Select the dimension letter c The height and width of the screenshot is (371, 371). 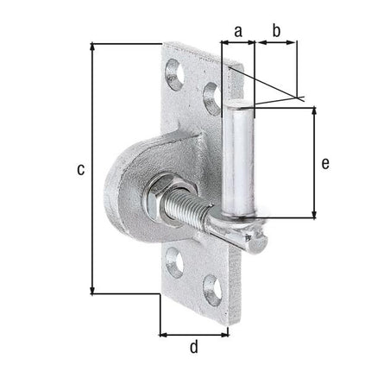tap(80, 170)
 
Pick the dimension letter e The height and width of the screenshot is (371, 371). tap(325, 161)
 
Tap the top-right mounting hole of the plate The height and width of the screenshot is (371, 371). tap(210, 92)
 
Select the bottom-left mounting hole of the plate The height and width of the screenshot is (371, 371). tap(175, 258)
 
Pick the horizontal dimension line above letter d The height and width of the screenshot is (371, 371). tap(193, 332)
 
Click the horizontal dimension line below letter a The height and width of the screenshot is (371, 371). tap(238, 43)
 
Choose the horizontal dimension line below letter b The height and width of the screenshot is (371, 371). tap(276, 43)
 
